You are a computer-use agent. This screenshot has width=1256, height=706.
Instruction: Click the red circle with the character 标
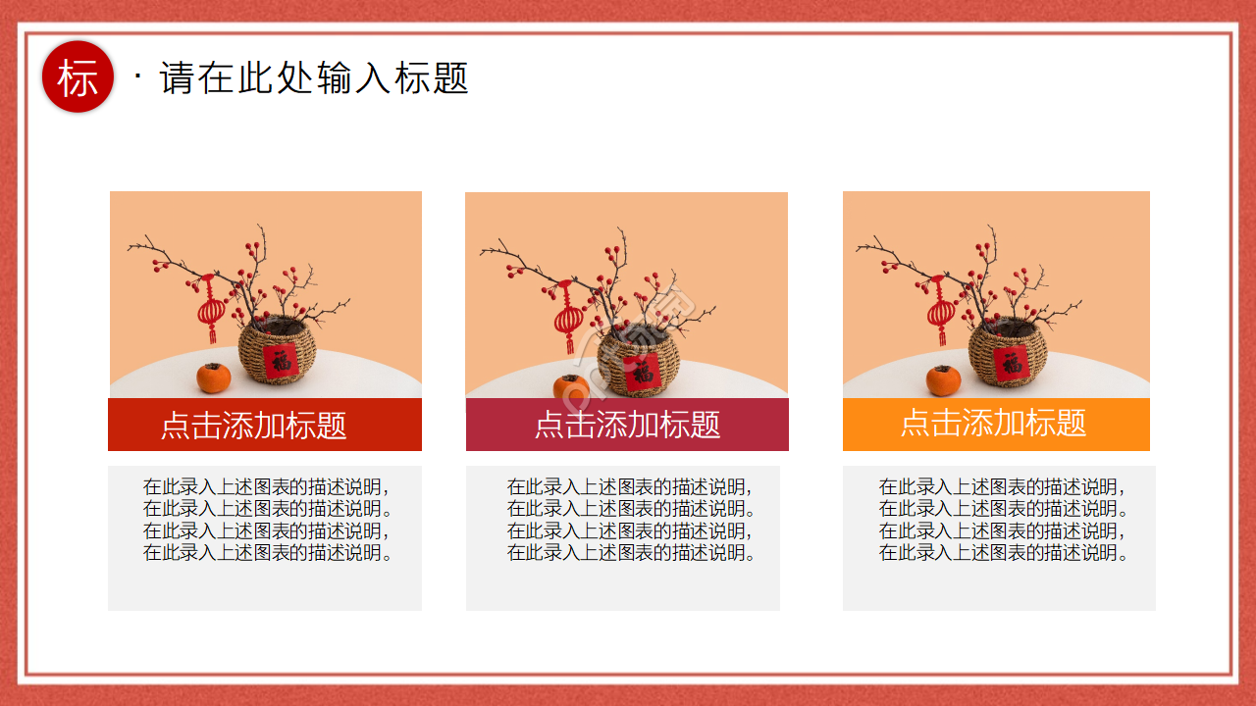[x=78, y=77]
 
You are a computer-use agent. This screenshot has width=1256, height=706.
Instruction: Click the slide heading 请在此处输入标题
[x=314, y=78]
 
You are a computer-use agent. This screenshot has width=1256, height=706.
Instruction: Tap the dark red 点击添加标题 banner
[x=265, y=425]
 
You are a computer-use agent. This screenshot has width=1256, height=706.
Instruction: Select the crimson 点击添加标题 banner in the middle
[x=627, y=425]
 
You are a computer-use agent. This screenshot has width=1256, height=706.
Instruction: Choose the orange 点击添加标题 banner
[x=995, y=424]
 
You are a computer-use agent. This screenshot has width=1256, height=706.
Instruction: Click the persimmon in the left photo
[x=213, y=378]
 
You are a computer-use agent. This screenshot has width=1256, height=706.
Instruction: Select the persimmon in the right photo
[x=943, y=379]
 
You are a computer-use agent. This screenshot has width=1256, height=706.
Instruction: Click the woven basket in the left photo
[x=279, y=355]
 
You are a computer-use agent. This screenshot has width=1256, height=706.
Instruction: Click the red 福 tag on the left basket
[x=282, y=360]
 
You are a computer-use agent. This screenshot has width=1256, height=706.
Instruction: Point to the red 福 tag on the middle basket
[x=643, y=372]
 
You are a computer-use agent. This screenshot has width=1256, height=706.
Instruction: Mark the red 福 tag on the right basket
[x=1011, y=362]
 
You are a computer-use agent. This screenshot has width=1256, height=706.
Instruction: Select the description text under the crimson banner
[x=629, y=520]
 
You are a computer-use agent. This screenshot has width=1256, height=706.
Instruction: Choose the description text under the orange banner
[x=1001, y=520]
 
